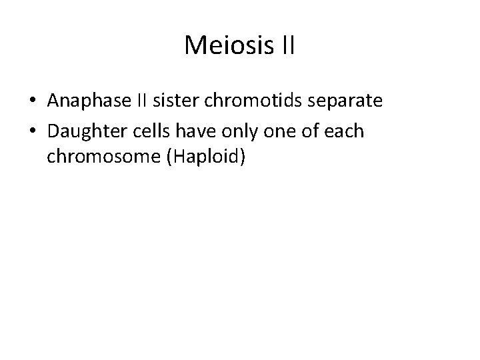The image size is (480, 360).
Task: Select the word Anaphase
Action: (x=90, y=103)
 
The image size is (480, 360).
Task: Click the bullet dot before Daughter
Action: (x=33, y=132)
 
